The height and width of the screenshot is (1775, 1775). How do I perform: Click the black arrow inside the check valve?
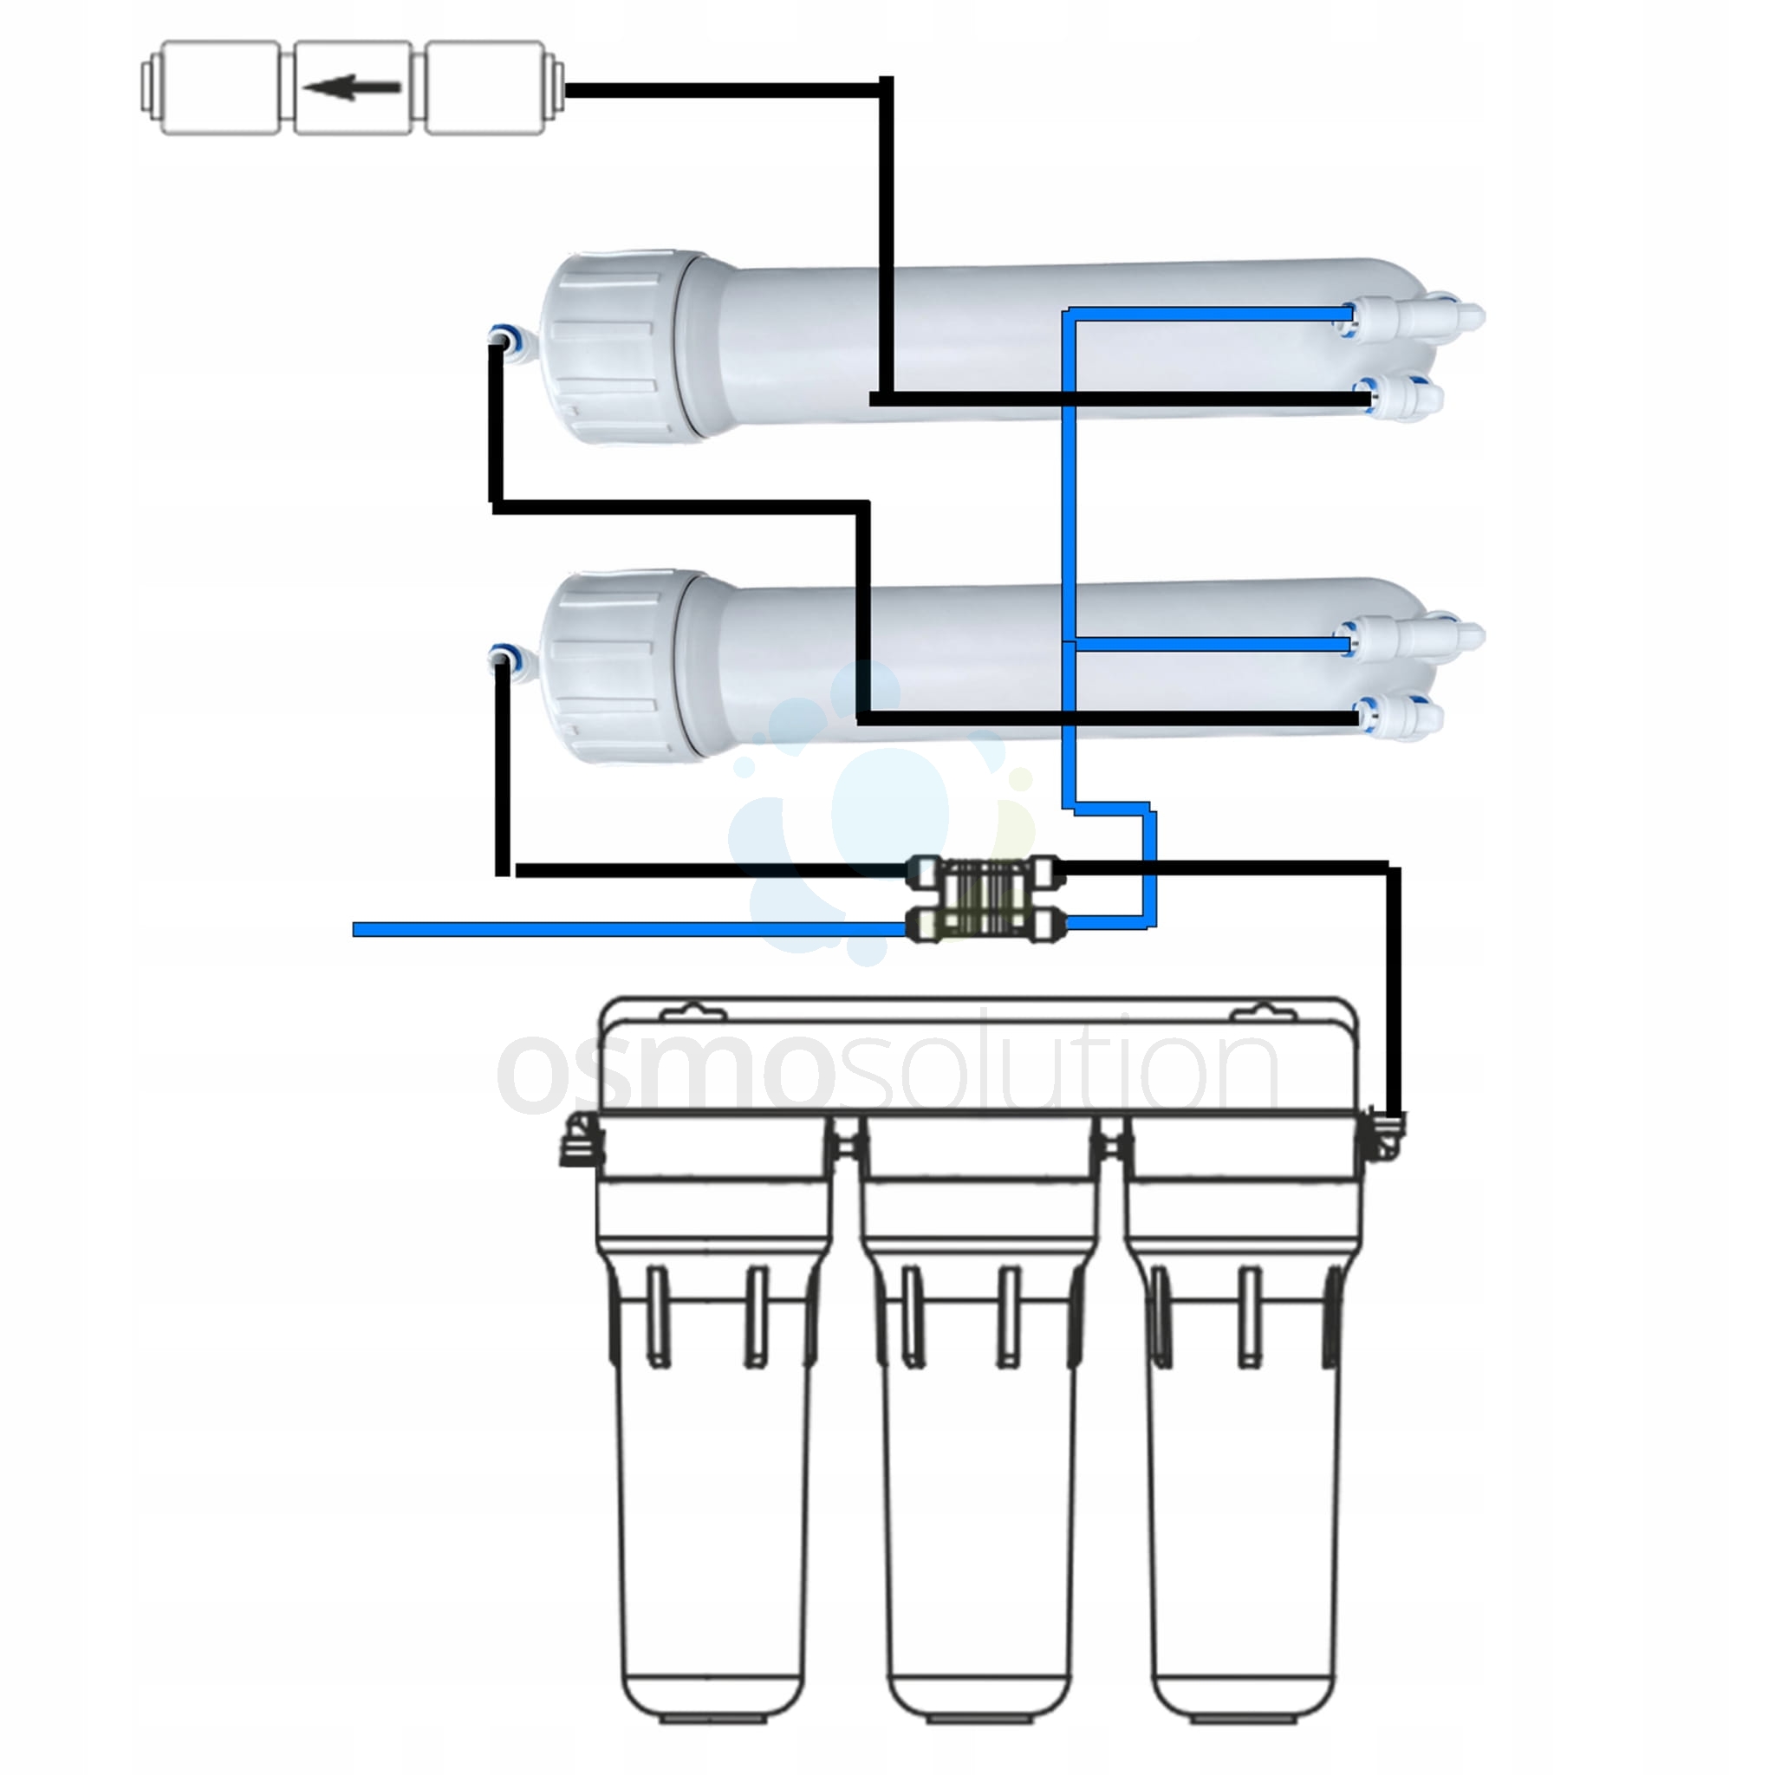(352, 88)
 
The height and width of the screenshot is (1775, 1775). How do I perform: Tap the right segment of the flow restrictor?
(487, 88)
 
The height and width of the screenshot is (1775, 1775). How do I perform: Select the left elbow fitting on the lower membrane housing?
(504, 658)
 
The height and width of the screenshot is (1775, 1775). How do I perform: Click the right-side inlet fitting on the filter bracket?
(1387, 1135)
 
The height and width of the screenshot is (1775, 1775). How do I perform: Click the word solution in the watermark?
(1057, 1070)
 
